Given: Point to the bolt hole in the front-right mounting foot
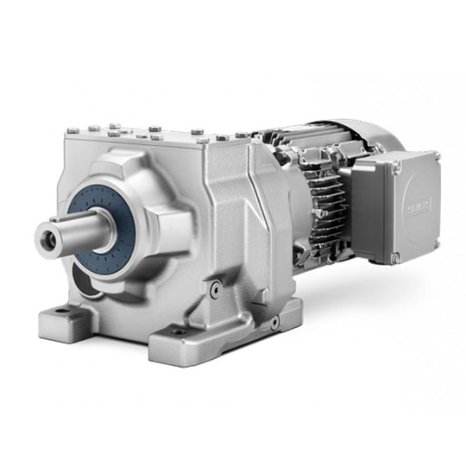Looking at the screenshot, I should pos(179,331).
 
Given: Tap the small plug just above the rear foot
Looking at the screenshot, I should pos(274,322).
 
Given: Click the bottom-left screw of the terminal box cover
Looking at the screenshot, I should pos(396,256).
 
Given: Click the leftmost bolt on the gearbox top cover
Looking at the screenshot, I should pos(72,130).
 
